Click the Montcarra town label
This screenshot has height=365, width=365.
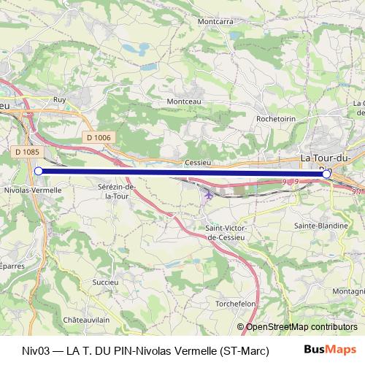(x=215, y=22)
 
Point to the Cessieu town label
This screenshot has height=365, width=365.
(x=198, y=162)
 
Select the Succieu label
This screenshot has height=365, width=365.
(x=106, y=280)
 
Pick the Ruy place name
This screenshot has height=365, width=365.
(x=60, y=99)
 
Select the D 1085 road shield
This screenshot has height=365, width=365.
(x=27, y=152)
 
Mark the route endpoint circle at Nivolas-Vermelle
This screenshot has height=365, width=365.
(x=38, y=172)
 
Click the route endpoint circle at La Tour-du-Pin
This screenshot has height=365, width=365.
(x=326, y=174)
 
